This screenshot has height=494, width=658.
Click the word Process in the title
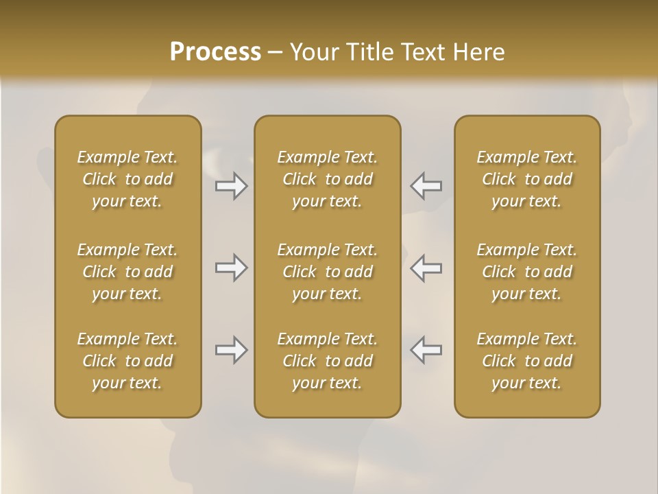click(x=215, y=52)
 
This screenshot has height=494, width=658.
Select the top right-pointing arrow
click(x=232, y=186)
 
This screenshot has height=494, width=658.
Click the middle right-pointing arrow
click(x=232, y=268)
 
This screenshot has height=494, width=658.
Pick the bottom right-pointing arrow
click(x=232, y=350)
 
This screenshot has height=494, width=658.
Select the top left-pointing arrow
click(x=426, y=186)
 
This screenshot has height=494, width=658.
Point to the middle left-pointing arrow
click(x=426, y=268)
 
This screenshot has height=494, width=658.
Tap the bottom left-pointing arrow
click(x=426, y=350)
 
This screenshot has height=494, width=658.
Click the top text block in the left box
click(x=127, y=179)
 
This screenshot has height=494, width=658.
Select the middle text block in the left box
click(x=127, y=272)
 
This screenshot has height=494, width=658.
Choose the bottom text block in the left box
click(x=127, y=361)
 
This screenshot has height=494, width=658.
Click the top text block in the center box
click(x=328, y=179)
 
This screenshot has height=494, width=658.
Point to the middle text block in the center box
click(x=328, y=272)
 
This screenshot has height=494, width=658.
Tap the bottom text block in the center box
click(x=328, y=361)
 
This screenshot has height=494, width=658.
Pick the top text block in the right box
click(x=527, y=179)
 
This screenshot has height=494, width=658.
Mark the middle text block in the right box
click(x=527, y=272)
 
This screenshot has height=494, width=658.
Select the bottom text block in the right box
click(x=527, y=361)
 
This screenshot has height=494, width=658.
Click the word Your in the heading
click(x=313, y=52)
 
